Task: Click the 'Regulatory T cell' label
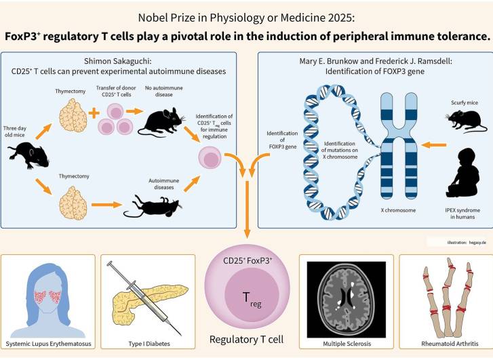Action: [x=246, y=339]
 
